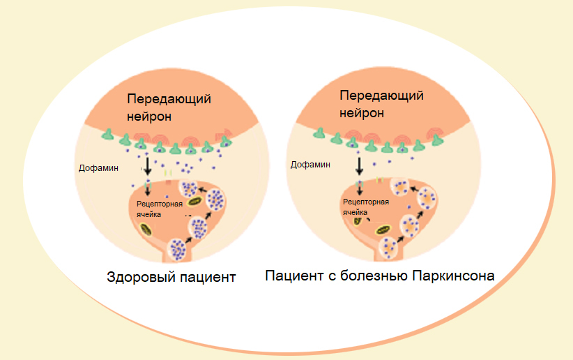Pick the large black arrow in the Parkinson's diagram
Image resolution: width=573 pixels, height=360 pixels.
pyautogui.click(x=360, y=165)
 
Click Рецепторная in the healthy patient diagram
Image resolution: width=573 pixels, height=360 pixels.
pyautogui.click(x=160, y=203)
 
